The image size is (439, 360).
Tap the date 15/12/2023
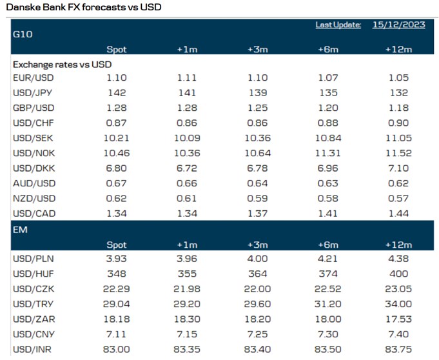click(x=398, y=25)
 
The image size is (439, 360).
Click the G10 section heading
click(x=23, y=34)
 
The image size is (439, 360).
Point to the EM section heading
click(x=20, y=228)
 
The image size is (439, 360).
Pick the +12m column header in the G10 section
click(x=398, y=49)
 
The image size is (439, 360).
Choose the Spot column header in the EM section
click(x=117, y=245)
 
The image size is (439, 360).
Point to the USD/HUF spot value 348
click(x=117, y=274)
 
